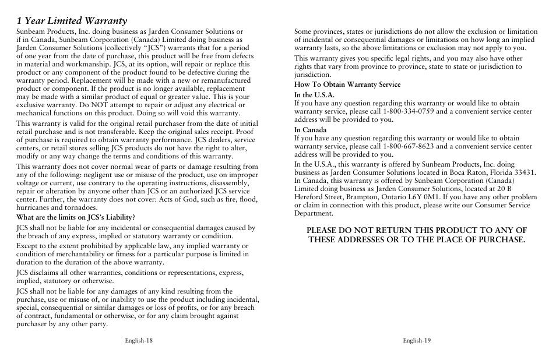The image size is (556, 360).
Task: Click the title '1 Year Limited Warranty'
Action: pos(72,21)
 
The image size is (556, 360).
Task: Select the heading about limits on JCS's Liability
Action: pos(76,217)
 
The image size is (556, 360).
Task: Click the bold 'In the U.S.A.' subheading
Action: pos(314,95)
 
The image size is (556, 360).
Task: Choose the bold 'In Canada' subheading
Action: pos(310,130)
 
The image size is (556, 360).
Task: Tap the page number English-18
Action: pos(138,341)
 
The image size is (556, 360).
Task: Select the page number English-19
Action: pos(416,341)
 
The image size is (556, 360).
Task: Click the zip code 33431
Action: pos(525,173)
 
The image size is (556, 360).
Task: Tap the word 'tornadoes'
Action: pos(81,207)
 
